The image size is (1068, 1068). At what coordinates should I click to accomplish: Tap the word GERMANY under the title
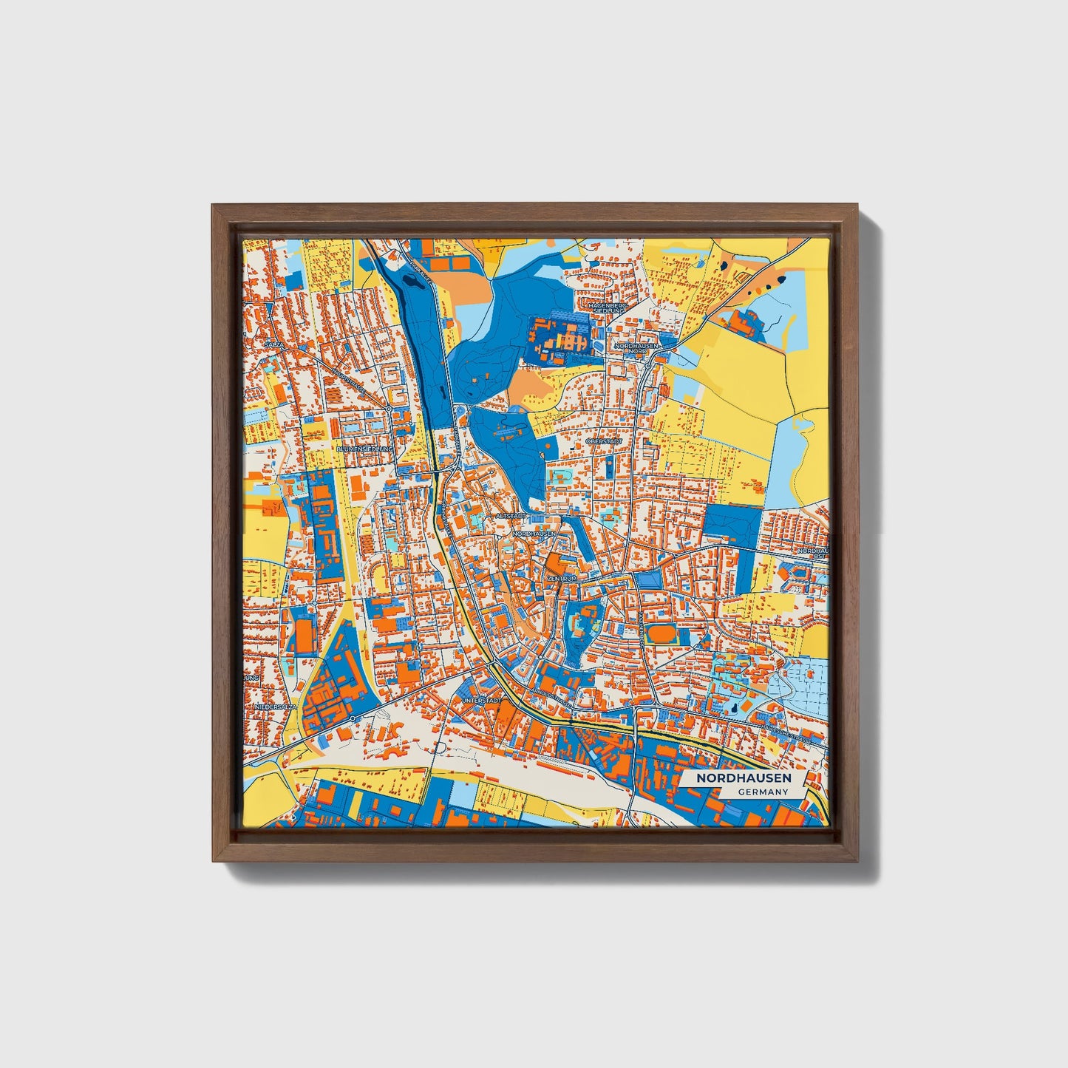coord(763,792)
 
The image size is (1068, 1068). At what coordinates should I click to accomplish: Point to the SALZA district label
coord(275,344)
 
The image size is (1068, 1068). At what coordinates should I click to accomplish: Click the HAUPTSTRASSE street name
coord(348,381)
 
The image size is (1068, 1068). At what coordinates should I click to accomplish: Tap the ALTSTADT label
coord(511,515)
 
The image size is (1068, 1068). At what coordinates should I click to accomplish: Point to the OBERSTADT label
coord(604,441)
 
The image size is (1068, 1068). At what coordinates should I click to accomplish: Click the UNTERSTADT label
coord(482,699)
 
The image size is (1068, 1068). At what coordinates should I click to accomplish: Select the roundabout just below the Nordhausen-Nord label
coord(647,364)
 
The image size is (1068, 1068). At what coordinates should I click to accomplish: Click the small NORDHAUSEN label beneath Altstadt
coord(533,533)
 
